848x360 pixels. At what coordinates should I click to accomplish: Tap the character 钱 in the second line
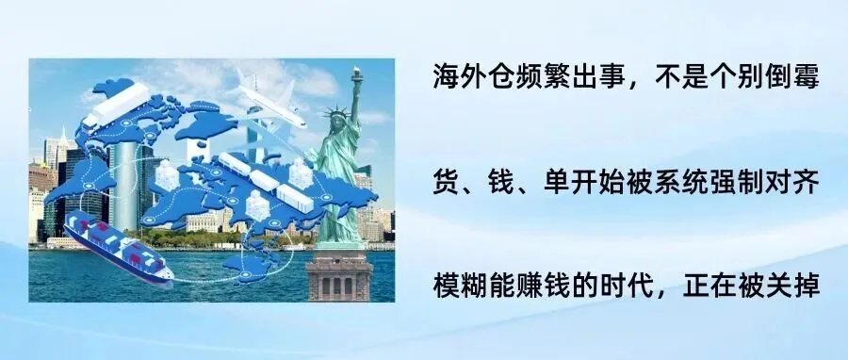505,181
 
